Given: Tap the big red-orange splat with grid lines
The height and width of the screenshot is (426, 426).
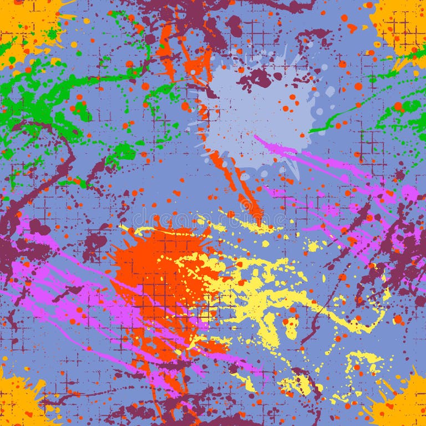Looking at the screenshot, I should (x=161, y=272).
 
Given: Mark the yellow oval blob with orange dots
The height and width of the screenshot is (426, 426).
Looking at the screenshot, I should (x=291, y=328).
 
